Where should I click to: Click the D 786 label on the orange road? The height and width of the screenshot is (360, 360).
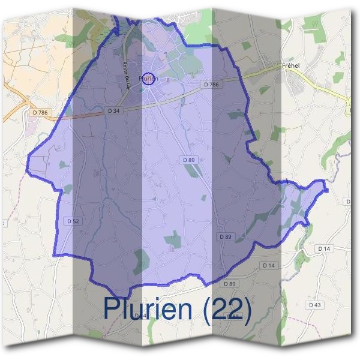[x=39, y=112]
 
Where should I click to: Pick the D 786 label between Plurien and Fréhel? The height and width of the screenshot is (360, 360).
[x=211, y=85]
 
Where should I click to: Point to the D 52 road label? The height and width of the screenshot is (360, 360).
[x=73, y=221]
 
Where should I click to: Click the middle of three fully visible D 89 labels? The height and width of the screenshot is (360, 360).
[x=225, y=237]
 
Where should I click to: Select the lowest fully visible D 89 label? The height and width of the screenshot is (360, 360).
[x=230, y=283]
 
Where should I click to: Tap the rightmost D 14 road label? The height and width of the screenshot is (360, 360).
[x=324, y=248]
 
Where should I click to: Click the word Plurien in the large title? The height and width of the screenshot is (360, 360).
[x=148, y=308]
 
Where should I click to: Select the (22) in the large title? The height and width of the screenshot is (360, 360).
[x=226, y=308]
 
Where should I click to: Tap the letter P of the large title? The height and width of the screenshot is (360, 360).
[x=113, y=308]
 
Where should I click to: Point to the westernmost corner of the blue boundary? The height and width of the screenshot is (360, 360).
[x=26, y=170]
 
